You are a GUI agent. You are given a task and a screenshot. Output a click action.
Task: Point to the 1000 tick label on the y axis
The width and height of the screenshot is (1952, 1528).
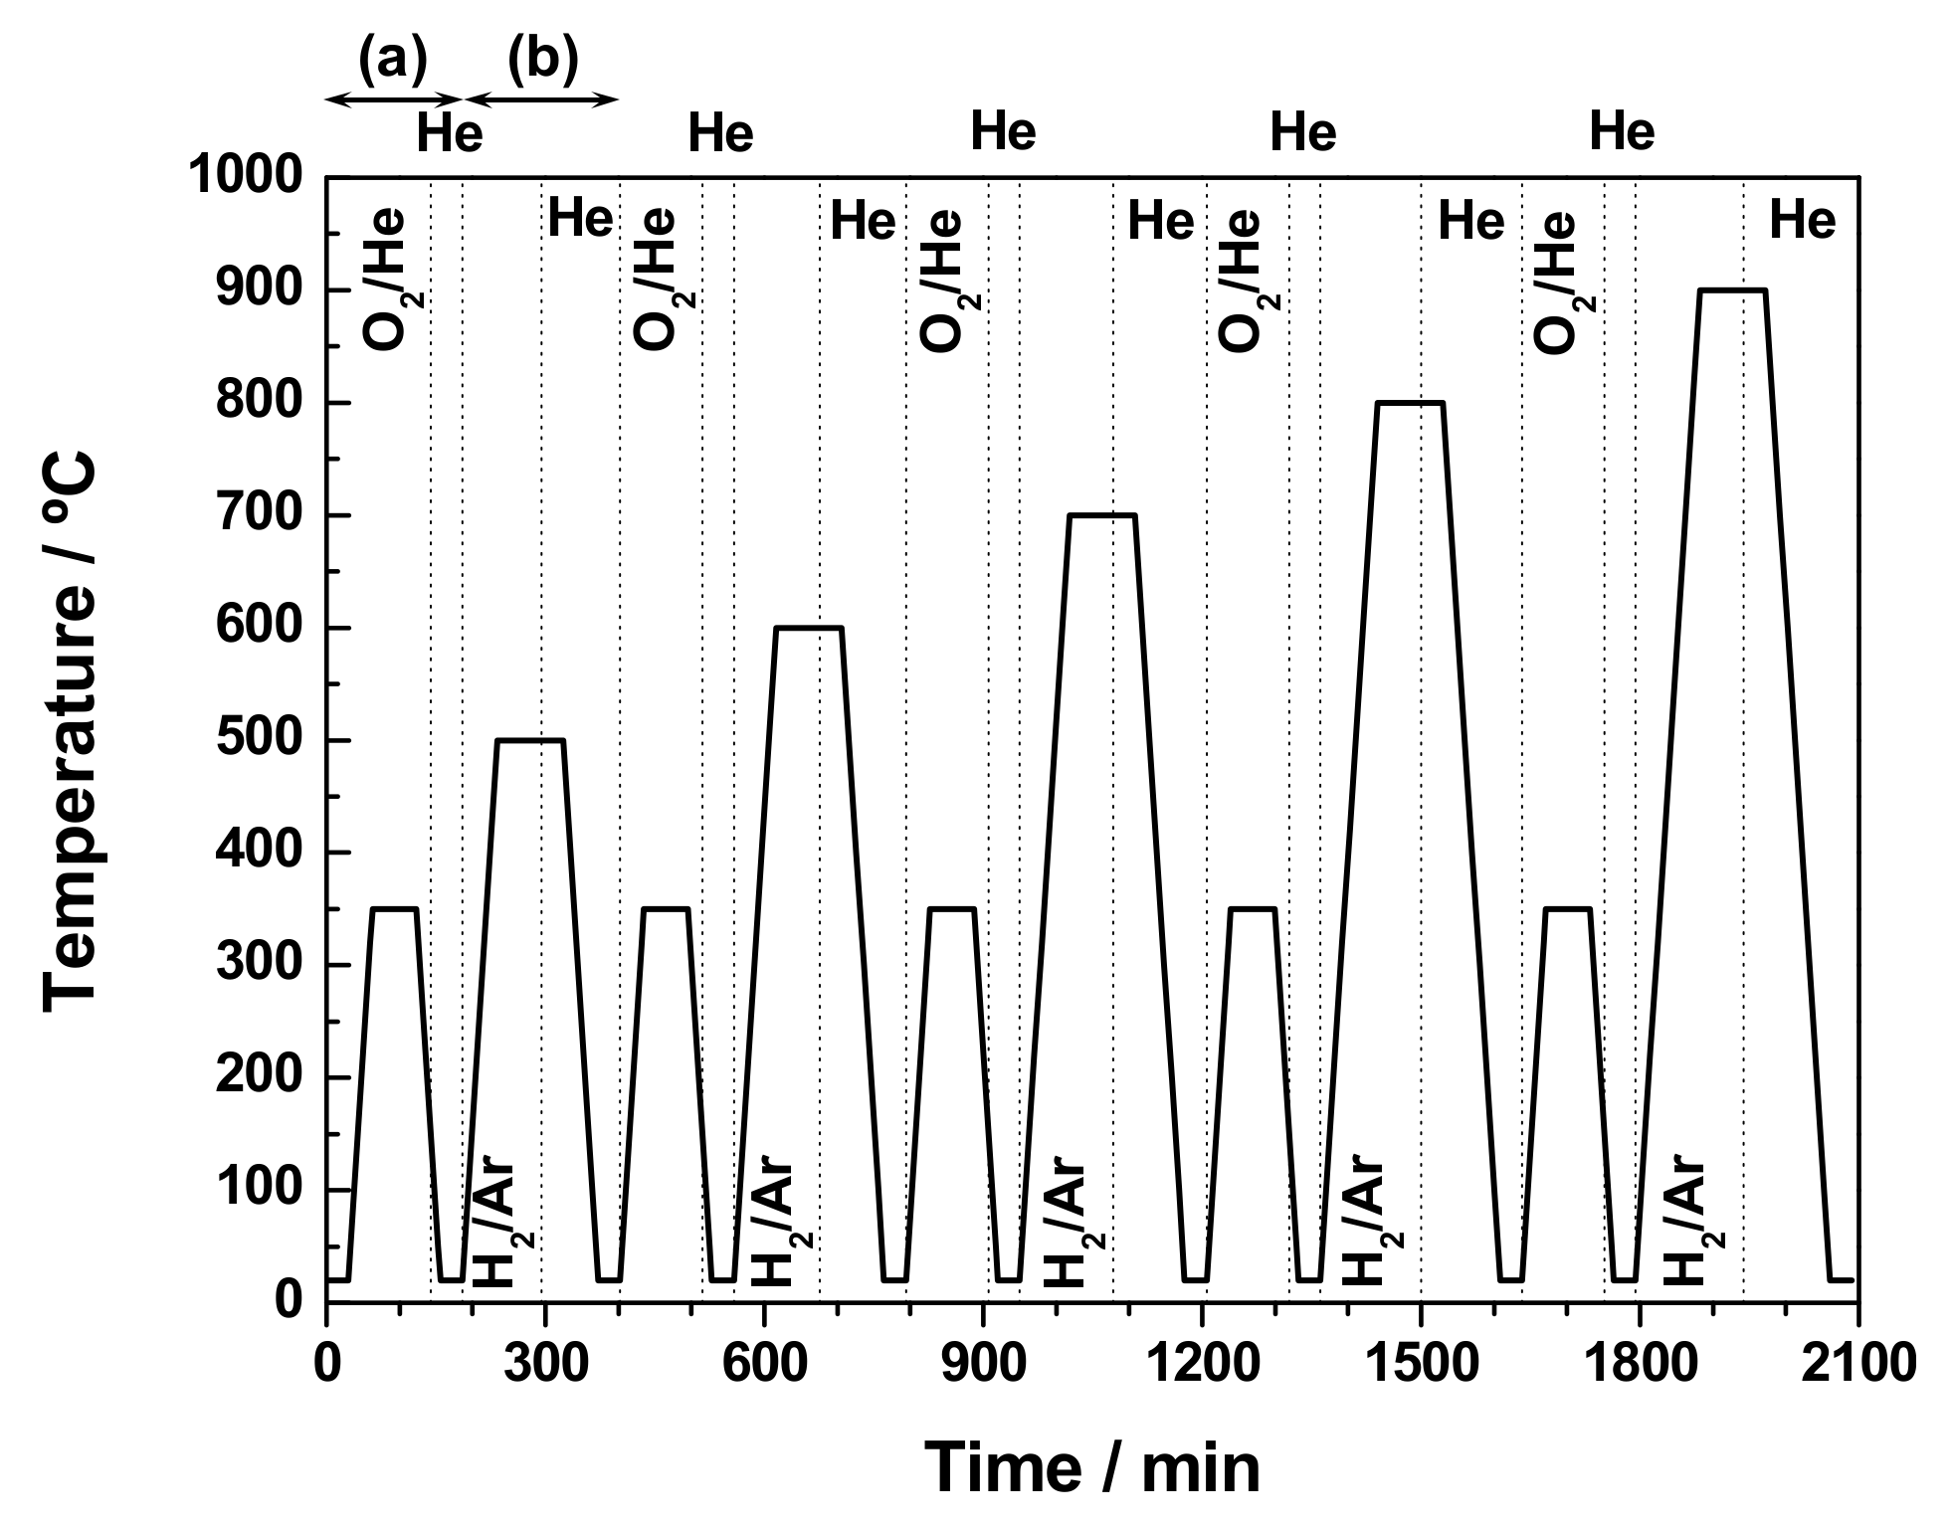pos(243,178)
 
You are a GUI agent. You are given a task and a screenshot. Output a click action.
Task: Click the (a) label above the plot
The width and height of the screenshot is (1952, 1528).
pos(392,60)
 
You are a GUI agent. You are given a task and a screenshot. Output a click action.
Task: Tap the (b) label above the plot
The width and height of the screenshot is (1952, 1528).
pos(542,60)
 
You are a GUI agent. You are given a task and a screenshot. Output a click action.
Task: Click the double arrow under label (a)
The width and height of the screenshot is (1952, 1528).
pos(394,98)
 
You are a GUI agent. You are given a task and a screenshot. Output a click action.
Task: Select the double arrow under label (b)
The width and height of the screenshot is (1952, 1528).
pos(542,98)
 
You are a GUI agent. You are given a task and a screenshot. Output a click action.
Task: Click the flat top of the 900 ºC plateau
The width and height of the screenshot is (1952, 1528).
pos(1732,290)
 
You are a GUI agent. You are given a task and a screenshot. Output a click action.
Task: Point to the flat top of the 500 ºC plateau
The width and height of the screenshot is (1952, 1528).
pos(530,740)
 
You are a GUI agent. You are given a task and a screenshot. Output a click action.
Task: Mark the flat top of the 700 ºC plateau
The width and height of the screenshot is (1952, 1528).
pos(1101,515)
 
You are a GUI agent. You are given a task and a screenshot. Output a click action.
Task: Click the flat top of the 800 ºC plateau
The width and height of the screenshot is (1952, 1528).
pos(1409,403)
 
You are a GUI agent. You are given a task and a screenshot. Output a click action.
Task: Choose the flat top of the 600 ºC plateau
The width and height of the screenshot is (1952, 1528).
pos(809,628)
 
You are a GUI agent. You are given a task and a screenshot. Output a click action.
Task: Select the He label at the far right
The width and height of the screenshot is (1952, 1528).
pos(1802,220)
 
